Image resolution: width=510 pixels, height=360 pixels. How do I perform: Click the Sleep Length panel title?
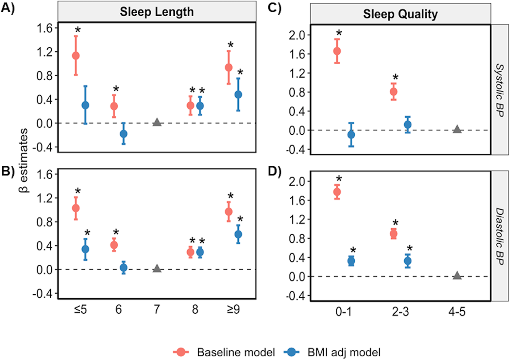tap(157, 12)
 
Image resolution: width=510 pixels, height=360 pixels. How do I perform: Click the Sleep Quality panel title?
tap(400, 14)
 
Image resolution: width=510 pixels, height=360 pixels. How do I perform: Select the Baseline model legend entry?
tap(236, 352)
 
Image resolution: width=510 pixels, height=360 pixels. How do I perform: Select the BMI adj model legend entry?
tap(344, 352)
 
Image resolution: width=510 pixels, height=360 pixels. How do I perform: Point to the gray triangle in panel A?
tap(157, 122)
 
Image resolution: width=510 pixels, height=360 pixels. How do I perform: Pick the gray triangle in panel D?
tap(457, 276)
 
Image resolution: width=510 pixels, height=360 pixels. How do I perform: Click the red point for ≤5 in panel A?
tap(76, 55)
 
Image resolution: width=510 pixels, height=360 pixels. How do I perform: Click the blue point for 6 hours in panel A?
tap(124, 134)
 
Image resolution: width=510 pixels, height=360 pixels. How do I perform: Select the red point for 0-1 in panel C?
tap(337, 51)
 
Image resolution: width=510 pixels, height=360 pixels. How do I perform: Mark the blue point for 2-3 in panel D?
tap(408, 261)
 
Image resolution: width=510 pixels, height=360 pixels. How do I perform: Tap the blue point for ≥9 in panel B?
tap(238, 234)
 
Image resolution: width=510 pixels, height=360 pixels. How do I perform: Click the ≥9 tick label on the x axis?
tap(233, 309)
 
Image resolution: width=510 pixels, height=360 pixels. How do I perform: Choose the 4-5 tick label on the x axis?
tap(457, 312)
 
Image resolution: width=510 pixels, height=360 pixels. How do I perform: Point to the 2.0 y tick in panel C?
tap(297, 35)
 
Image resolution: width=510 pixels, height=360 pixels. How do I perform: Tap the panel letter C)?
tap(274, 8)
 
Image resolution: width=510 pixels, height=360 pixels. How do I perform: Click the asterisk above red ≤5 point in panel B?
tap(78, 191)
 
